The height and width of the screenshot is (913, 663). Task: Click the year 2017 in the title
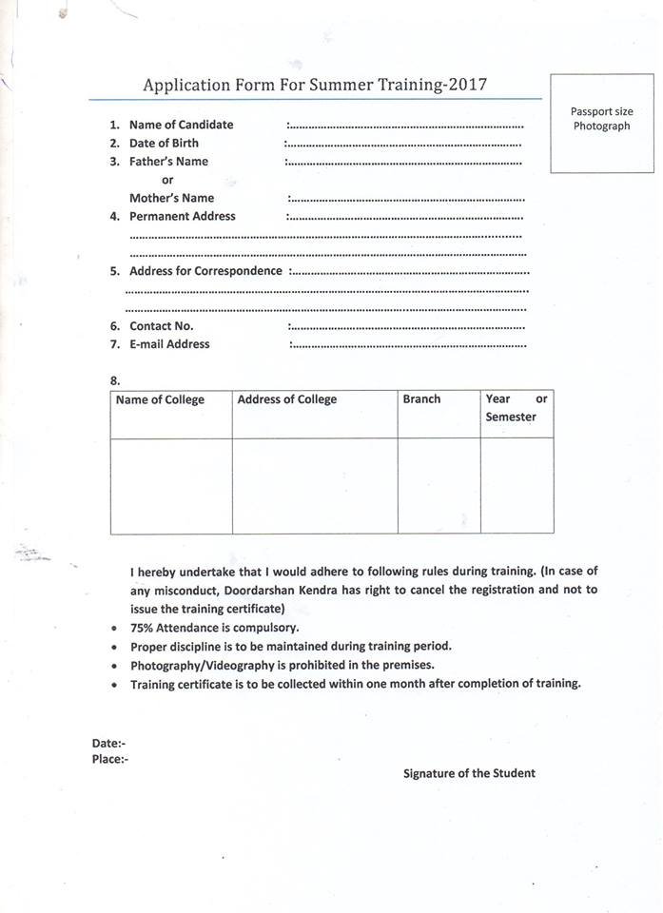[466, 85]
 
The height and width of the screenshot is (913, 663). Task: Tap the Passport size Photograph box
[601, 122]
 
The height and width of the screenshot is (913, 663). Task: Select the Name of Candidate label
[181, 125]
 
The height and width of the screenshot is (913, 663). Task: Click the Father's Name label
[168, 162]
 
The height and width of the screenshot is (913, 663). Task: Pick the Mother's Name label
[171, 198]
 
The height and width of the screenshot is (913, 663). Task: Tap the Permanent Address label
[182, 216]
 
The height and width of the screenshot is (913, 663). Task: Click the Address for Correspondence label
[205, 271]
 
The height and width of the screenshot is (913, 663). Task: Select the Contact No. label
[161, 326]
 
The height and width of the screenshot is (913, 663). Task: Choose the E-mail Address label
[169, 344]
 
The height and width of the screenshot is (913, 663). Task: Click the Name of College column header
[160, 400]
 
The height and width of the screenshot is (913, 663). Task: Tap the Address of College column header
[286, 399]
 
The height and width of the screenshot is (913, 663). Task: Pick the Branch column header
[421, 399]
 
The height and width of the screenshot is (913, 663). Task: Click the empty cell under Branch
[439, 485]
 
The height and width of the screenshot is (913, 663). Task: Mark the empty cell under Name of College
[171, 485]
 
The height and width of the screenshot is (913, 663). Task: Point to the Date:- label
[108, 743]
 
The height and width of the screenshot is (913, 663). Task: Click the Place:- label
[110, 759]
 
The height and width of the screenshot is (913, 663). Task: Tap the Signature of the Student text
[469, 773]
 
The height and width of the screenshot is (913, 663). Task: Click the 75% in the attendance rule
[144, 628]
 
